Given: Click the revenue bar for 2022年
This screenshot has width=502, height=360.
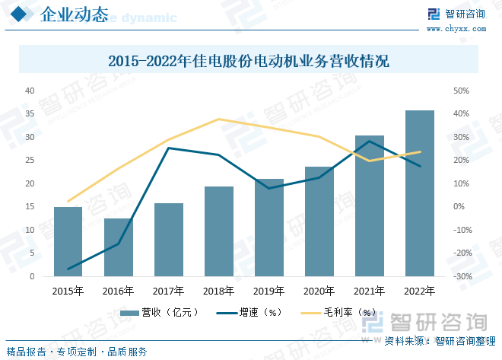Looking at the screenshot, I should (x=419, y=193).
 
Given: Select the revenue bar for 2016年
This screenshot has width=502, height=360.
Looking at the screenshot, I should (x=118, y=247).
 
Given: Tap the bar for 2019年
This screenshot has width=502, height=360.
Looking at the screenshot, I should (x=268, y=228).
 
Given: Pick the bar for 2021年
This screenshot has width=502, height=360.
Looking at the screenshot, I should (x=369, y=205).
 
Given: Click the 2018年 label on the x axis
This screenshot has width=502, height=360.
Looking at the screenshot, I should (x=219, y=291).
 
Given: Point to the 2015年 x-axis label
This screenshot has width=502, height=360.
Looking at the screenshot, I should (x=68, y=291).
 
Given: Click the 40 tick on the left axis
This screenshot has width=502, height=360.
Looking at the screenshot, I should (x=30, y=91).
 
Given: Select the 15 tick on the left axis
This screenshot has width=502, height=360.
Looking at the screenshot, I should (x=30, y=207).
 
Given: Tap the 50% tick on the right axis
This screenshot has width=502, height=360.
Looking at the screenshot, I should (x=462, y=91).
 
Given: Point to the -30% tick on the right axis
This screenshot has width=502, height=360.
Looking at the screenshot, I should (x=463, y=276).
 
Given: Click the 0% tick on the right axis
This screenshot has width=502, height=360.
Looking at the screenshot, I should (x=459, y=207).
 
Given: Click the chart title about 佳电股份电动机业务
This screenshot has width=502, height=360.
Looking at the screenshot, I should (x=249, y=61).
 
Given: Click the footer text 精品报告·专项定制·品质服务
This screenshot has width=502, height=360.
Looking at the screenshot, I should (x=77, y=352).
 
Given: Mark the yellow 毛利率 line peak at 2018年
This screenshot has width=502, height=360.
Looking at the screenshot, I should (x=219, y=119).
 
